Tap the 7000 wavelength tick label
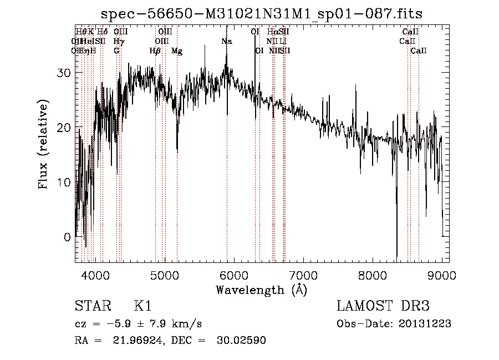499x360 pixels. coord(303,275)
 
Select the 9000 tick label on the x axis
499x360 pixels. coord(442,275)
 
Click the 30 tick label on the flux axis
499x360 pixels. coord(64,73)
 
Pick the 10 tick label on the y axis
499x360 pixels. coord(64,182)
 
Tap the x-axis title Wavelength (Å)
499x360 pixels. coord(261,290)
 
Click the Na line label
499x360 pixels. coord(227,42)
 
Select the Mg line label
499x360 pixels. coord(177,51)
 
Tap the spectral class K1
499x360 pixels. coord(142,306)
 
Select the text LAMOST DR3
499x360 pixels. coord(383,306)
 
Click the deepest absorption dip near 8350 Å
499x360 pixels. coord(396,252)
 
